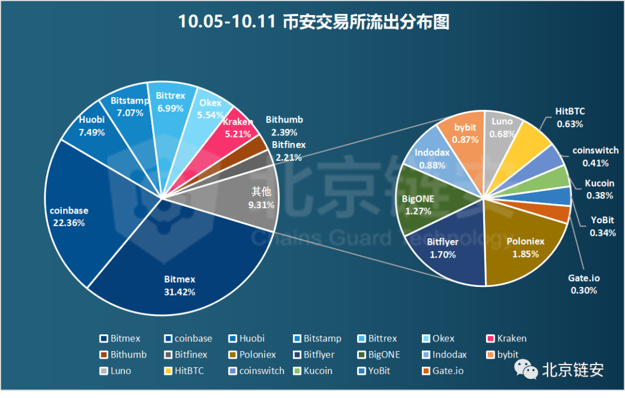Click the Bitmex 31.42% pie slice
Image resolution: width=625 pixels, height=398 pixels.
coord(179,272)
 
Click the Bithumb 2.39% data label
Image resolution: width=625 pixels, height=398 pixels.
coord(284,126)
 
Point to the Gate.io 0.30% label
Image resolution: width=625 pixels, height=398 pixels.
coord(583,284)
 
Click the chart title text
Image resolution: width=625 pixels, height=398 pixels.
coord(313,22)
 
